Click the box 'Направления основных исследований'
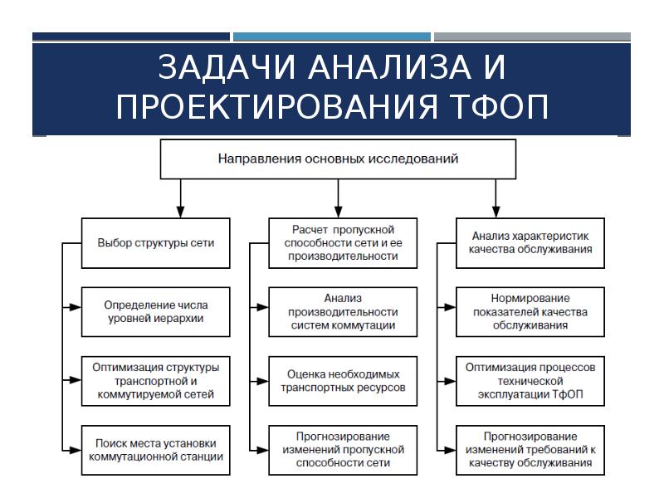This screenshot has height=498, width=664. (x=337, y=159)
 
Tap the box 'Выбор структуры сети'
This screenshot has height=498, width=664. (x=155, y=243)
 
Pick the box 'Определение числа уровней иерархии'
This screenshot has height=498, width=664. (x=155, y=311)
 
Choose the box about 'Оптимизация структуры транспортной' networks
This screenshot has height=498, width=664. (x=155, y=381)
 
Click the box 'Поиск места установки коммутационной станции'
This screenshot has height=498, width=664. (x=155, y=449)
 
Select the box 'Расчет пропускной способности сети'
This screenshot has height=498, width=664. (x=342, y=243)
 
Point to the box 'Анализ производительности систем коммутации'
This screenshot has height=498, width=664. (x=342, y=311)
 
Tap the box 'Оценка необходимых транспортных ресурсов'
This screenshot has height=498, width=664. (x=342, y=381)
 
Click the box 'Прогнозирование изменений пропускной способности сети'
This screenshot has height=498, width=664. (x=342, y=449)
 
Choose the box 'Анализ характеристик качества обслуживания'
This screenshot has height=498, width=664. (x=530, y=242)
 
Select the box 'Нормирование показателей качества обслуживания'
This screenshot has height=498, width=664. (x=530, y=311)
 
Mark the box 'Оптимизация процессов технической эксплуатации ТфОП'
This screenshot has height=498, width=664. (x=530, y=381)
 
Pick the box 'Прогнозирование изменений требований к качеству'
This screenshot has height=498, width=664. (x=530, y=449)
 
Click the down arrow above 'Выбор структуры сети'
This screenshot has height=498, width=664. (x=179, y=210)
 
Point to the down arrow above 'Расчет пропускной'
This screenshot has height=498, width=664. (x=337, y=210)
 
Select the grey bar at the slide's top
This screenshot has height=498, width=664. (x=531, y=37)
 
